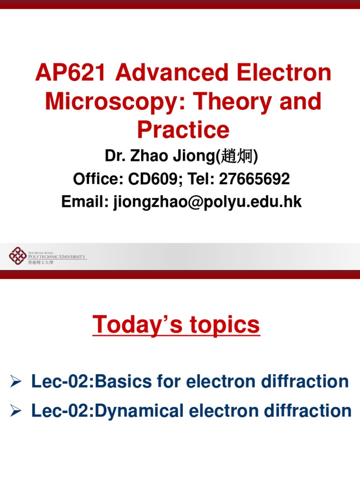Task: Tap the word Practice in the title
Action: [183, 130]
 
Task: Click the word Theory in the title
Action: [234, 102]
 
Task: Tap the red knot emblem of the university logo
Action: [18, 256]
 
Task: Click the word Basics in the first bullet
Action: [120, 382]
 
